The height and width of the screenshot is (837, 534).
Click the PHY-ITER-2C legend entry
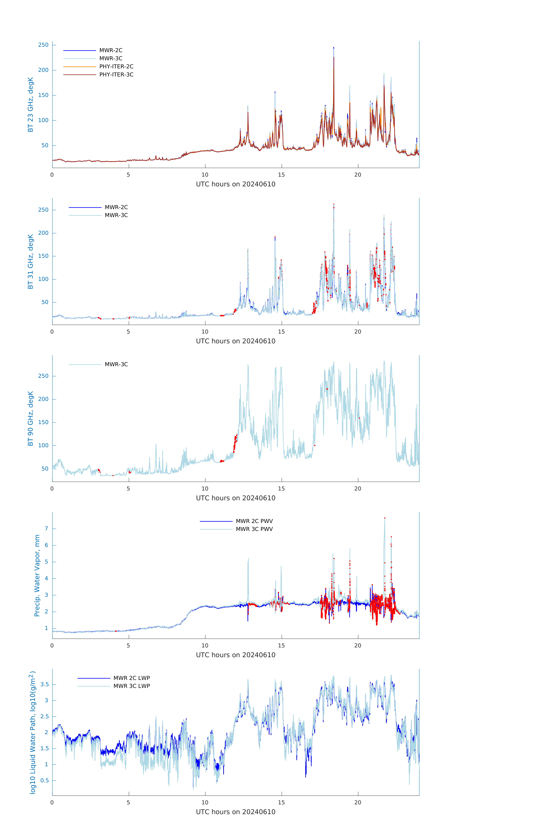click(116, 66)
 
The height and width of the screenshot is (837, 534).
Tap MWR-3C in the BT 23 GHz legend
click(111, 58)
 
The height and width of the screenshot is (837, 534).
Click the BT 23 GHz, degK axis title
click(31, 105)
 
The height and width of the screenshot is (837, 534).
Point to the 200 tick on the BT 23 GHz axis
click(43, 70)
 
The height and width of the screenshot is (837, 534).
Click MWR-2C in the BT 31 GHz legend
click(116, 207)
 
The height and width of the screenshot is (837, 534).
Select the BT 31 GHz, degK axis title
click(31, 261)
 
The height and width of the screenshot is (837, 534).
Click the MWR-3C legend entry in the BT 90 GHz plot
click(116, 364)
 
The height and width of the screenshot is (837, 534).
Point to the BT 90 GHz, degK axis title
click(31, 419)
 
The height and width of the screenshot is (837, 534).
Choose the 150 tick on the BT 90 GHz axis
click(43, 422)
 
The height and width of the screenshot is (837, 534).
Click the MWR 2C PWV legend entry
click(254, 521)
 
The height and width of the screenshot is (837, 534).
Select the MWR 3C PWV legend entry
click(254, 529)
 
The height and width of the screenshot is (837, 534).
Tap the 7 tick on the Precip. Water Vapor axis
click(46, 529)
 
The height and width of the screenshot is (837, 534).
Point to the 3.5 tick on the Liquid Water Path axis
click(45, 684)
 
